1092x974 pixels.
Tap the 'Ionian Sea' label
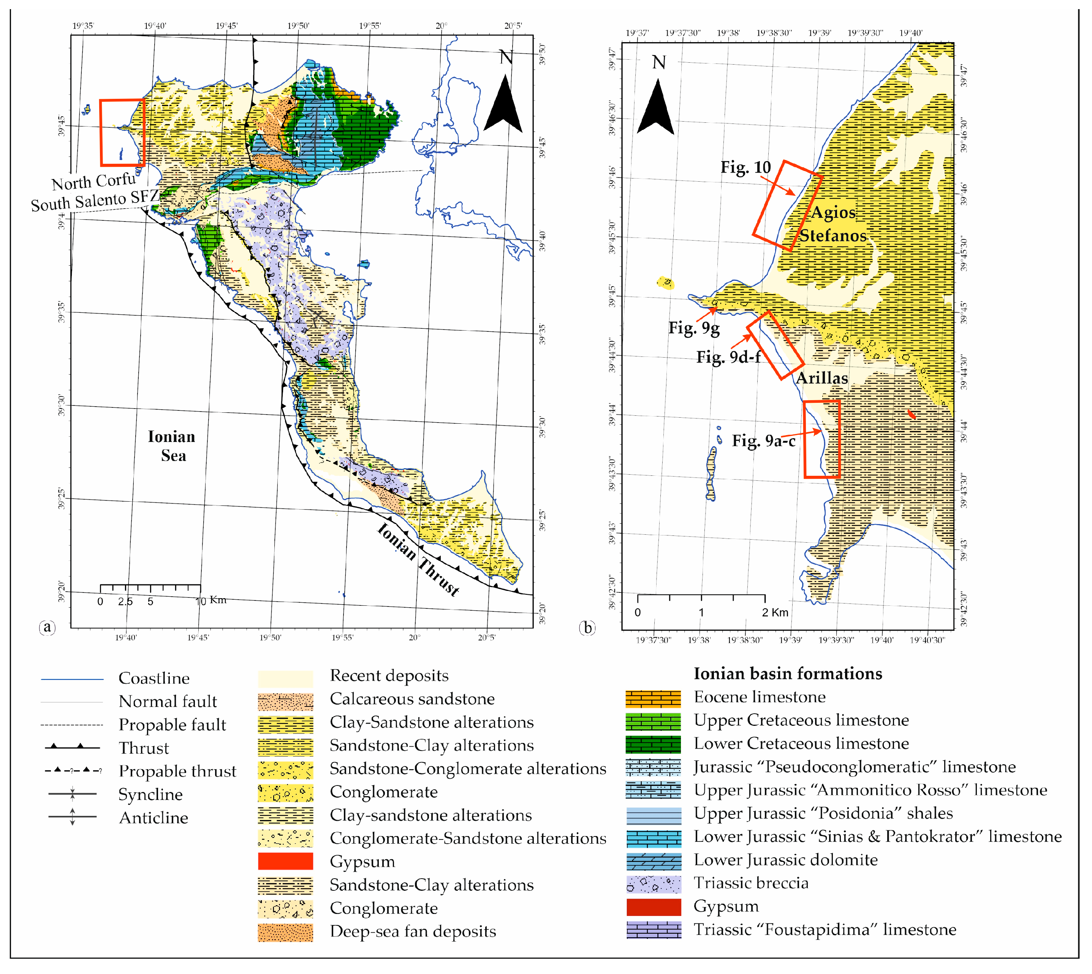pos(172,446)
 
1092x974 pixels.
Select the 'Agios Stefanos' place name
pos(832,224)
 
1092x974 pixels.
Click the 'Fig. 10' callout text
pos(745,168)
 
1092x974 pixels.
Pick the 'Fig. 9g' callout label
pos(693,328)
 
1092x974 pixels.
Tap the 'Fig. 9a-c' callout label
pos(763,440)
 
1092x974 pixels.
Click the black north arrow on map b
pos(655,107)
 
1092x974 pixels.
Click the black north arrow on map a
pos(503,105)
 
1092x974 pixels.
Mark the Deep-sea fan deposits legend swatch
pos(285,932)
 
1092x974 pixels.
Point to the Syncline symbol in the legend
pos(72,793)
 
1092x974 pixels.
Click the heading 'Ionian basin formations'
pos(788,673)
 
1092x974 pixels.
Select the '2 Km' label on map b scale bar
pos(775,612)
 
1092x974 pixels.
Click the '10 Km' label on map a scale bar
pos(211,600)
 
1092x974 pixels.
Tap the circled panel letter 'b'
pos(587,627)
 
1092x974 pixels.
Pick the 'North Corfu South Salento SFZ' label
pos(94,192)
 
